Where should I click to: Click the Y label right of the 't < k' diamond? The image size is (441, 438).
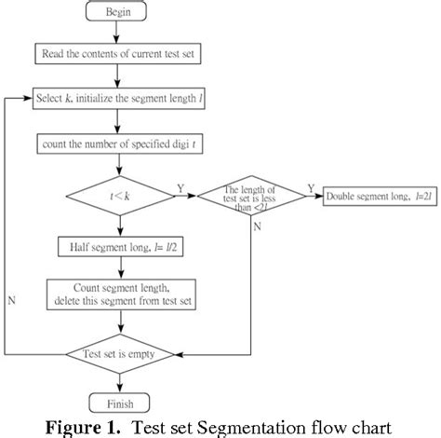coord(180,187)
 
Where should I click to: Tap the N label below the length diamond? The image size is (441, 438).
coord(257,225)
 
